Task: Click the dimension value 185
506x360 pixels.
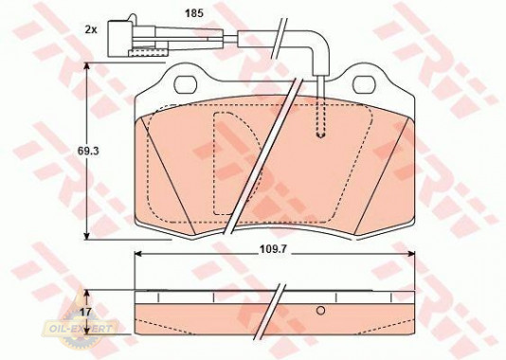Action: click(193, 13)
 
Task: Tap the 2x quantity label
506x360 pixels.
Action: click(91, 30)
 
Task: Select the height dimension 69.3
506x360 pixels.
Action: click(87, 151)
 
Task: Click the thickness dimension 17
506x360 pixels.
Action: click(86, 312)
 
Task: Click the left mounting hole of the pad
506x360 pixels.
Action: click(185, 84)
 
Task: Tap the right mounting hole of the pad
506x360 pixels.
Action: click(364, 84)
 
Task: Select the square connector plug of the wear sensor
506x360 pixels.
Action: click(118, 38)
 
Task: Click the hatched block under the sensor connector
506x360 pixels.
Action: click(148, 53)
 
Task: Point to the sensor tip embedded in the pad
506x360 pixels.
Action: click(320, 134)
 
